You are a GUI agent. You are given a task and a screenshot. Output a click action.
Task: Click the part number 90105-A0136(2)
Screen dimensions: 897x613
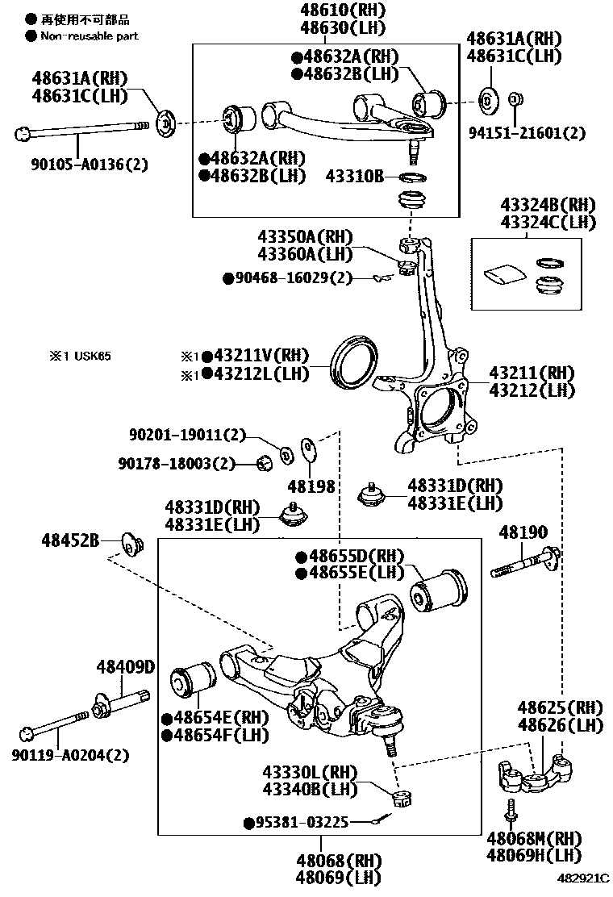(x=77, y=164)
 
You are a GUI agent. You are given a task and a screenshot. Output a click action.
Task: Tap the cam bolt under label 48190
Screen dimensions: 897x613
(x=524, y=564)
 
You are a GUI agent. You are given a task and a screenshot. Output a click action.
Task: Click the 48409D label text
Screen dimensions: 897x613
(x=125, y=667)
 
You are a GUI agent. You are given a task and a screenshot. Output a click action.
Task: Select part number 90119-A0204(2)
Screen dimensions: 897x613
(x=71, y=756)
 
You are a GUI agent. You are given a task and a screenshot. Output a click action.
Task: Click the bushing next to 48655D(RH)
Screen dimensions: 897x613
(x=439, y=590)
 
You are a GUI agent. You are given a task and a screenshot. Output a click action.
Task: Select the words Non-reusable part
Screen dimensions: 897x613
(x=89, y=35)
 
